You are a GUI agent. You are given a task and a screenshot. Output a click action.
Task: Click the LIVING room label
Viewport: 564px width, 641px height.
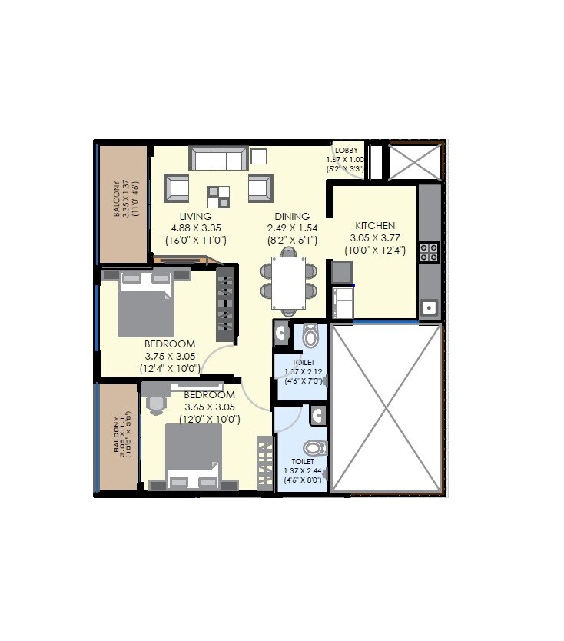click(195, 217)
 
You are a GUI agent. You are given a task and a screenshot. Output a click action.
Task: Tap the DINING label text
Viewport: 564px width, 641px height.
click(292, 217)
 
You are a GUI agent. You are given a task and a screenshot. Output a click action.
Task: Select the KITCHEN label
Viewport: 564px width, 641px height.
click(375, 226)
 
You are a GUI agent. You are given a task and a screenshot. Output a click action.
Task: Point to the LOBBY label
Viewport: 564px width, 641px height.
click(346, 150)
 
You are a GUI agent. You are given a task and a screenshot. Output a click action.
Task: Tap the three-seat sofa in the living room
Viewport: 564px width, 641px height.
click(219, 159)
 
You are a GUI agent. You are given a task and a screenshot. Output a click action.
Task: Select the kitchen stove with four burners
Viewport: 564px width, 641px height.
click(429, 252)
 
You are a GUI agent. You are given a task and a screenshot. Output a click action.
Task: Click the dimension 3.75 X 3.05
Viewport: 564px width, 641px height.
click(169, 357)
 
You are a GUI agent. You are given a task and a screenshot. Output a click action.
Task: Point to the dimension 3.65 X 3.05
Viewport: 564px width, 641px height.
click(209, 407)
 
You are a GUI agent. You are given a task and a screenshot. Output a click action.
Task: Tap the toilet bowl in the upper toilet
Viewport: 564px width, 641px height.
click(310, 336)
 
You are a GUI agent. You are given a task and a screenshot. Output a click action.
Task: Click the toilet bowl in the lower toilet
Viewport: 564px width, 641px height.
click(313, 447)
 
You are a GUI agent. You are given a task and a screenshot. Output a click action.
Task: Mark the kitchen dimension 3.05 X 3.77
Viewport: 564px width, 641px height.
click(375, 238)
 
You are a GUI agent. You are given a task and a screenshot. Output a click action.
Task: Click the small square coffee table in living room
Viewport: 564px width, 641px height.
click(218, 195)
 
